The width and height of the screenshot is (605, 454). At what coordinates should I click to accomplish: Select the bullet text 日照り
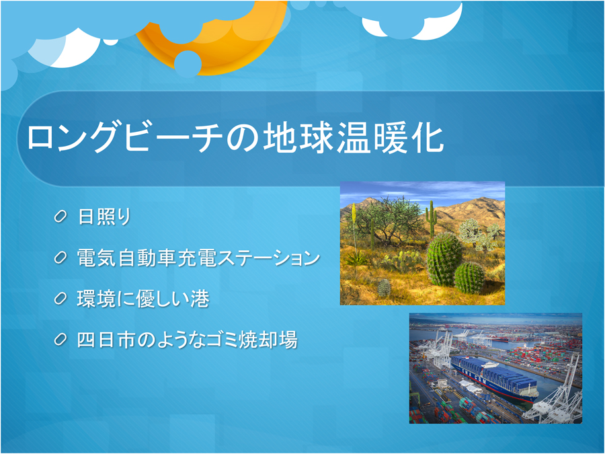[105, 217]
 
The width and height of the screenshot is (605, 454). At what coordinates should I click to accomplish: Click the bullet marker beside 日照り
[60, 217]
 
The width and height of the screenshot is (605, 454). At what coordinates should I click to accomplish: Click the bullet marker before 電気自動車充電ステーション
[60, 258]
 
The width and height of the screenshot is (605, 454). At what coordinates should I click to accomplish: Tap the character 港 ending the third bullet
[200, 299]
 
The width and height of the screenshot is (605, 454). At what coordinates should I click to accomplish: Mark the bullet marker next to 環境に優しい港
[60, 299]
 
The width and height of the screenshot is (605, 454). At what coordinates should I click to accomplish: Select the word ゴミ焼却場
[251, 340]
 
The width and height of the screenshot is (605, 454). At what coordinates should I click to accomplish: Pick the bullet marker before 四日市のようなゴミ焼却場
[60, 340]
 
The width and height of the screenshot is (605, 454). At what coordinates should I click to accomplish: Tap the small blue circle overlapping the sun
[188, 64]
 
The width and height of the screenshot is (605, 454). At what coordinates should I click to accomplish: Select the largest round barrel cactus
[444, 259]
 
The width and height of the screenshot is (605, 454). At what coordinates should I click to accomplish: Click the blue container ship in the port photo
[495, 379]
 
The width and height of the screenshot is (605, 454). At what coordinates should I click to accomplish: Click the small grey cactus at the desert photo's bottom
[384, 288]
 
